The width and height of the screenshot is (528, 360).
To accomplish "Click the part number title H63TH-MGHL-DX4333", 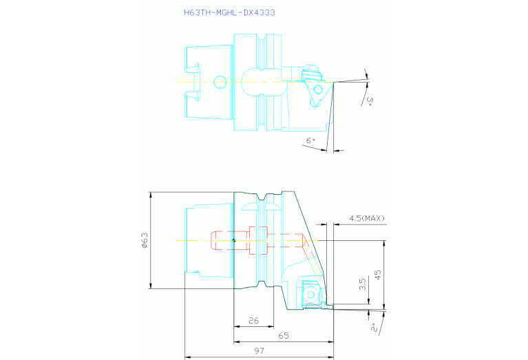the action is [x=229, y=13].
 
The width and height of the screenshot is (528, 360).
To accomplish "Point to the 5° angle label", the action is [x=370, y=101].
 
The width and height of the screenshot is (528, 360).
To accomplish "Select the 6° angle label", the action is [x=310, y=140].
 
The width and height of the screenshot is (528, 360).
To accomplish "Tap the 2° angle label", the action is [x=374, y=328].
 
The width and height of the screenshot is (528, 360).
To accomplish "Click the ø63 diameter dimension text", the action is [x=145, y=240].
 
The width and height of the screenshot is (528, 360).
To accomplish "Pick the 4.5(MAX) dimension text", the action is [x=367, y=218].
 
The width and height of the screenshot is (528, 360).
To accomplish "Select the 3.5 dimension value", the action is [x=362, y=284].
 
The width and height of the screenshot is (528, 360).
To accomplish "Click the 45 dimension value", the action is [x=378, y=275].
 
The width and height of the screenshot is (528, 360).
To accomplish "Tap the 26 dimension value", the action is [x=253, y=320].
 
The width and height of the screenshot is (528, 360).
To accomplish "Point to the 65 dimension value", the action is [x=284, y=336].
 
